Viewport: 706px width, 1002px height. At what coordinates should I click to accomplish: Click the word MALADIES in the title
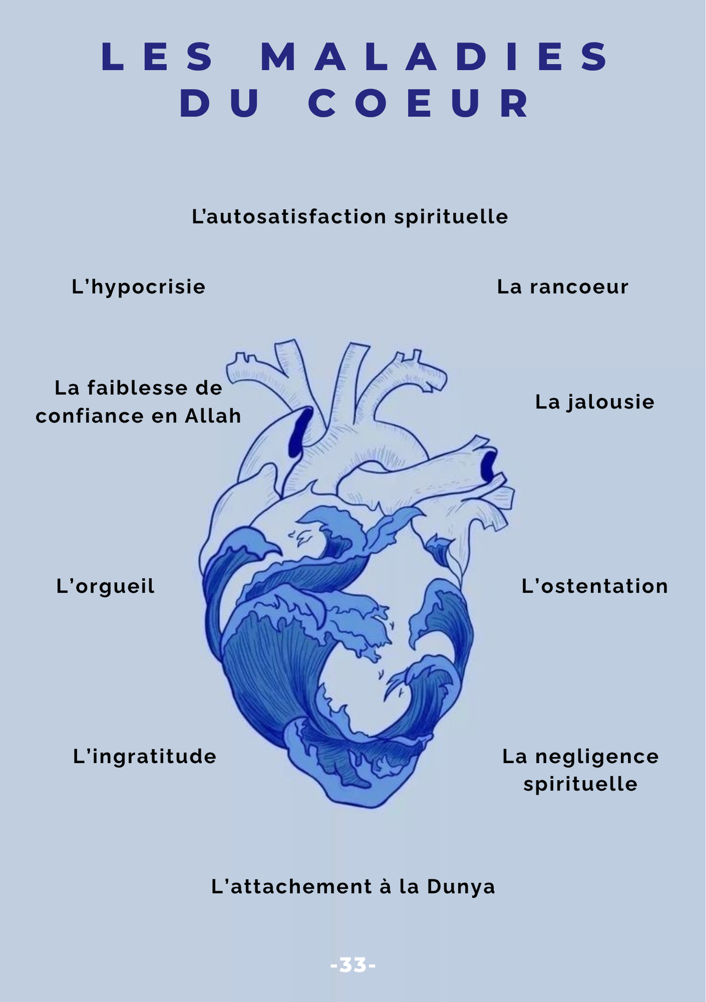click(434, 57)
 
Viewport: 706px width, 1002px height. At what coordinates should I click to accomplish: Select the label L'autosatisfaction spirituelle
click(350, 217)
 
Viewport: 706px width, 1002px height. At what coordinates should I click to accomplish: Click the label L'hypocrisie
click(138, 287)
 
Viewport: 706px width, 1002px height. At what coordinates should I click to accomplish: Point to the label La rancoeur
click(563, 287)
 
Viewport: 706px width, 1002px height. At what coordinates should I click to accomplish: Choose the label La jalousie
click(595, 402)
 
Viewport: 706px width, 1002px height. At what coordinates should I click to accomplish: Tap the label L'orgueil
click(105, 586)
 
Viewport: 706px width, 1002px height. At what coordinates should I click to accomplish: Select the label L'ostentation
click(595, 586)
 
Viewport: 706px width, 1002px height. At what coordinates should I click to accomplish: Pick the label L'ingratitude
click(144, 757)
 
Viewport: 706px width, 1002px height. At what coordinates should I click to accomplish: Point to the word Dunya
click(461, 887)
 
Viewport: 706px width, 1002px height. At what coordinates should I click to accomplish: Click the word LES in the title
click(158, 57)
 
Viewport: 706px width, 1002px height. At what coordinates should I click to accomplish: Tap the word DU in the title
click(220, 104)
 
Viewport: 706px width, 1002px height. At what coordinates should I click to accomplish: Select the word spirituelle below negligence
click(580, 785)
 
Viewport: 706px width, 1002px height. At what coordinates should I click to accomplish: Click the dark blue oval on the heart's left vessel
click(300, 432)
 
